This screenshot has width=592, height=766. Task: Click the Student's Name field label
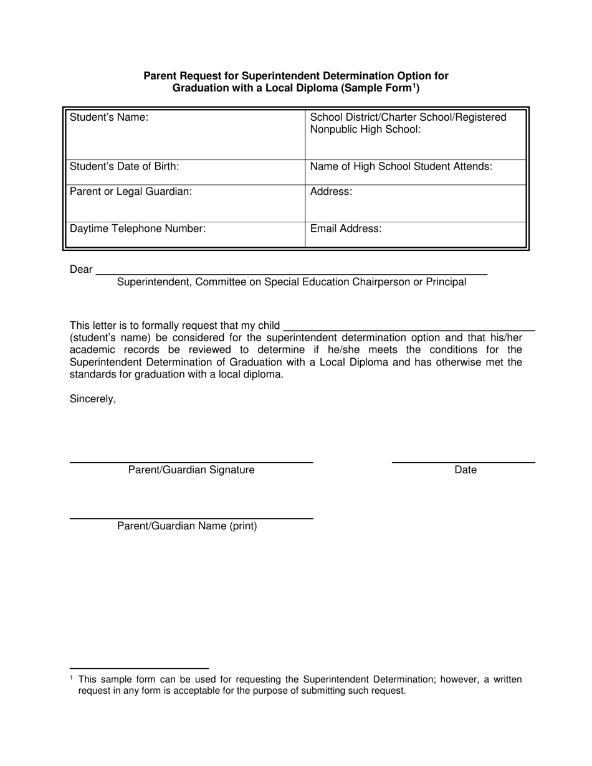click(x=109, y=117)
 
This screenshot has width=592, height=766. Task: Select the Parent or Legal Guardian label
click(x=131, y=191)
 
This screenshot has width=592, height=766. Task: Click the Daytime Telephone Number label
click(x=138, y=229)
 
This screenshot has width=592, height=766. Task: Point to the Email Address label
click(x=346, y=229)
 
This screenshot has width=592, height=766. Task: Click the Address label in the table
click(x=331, y=191)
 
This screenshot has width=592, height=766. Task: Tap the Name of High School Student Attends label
click(x=401, y=166)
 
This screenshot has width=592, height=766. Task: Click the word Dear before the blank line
click(x=81, y=270)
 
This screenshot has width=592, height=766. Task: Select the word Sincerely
click(x=93, y=399)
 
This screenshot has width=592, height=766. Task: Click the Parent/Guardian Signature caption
click(x=191, y=470)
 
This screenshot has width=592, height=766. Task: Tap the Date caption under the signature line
click(x=465, y=470)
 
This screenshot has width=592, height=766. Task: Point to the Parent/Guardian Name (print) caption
click(x=187, y=526)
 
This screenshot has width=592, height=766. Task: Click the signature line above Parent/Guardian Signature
click(x=191, y=463)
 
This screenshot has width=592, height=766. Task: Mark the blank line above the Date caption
click(x=464, y=463)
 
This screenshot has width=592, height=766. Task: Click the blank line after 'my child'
click(x=409, y=330)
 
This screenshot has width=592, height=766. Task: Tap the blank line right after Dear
click(x=290, y=274)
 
